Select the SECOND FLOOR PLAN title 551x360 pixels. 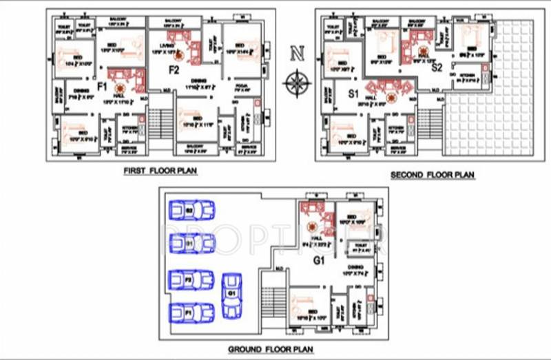coord(433,175)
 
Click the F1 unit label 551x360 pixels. coord(101,87)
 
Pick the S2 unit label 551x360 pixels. coord(437,67)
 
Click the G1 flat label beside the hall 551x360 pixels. coord(318,261)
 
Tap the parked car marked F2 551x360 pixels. coord(191,280)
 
